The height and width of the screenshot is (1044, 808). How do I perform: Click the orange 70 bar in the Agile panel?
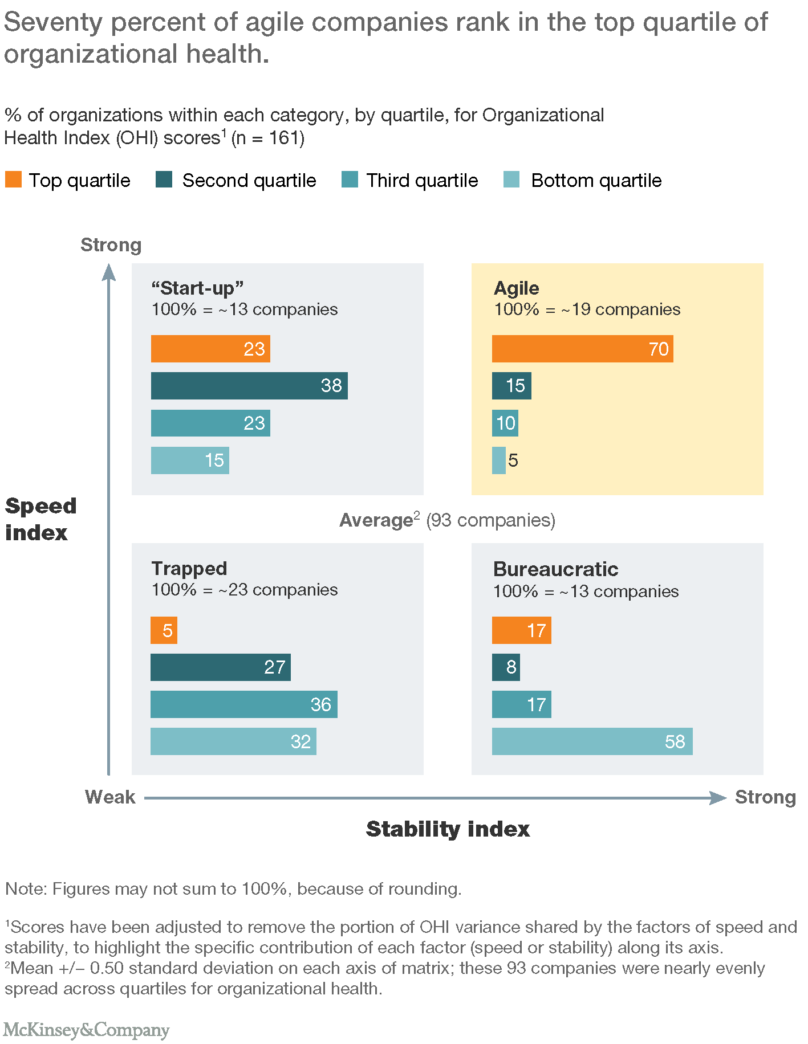pos(582,349)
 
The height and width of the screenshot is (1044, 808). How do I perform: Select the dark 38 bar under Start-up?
pos(249,386)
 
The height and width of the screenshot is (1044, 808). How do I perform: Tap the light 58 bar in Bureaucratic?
pos(592,741)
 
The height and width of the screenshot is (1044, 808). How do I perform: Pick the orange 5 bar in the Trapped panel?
pos(164,630)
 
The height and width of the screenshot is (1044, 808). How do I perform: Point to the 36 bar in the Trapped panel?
pos(244,704)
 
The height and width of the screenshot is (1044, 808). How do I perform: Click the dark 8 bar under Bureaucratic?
pos(506,667)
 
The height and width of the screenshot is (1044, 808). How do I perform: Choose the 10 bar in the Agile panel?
pos(505,423)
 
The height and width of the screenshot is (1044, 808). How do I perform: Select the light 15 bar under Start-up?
pos(190,460)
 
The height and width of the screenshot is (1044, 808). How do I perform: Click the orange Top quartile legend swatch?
pos(13,180)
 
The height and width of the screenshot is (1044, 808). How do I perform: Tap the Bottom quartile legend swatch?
pos(511,180)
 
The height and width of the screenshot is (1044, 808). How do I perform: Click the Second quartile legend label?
pos(249,181)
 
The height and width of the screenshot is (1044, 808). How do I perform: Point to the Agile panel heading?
pos(516,288)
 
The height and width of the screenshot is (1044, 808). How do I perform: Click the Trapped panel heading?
pos(189,568)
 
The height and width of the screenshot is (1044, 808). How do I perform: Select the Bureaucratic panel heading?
pos(555,569)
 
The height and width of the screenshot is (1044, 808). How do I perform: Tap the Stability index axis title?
pos(448,829)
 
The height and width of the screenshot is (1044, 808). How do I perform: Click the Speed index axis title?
pos(40,519)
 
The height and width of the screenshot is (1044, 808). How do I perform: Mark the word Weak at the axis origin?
pos(110,797)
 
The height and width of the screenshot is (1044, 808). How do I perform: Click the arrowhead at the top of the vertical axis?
pos(109,272)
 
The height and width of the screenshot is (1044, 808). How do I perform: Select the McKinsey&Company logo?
pos(87,1030)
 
